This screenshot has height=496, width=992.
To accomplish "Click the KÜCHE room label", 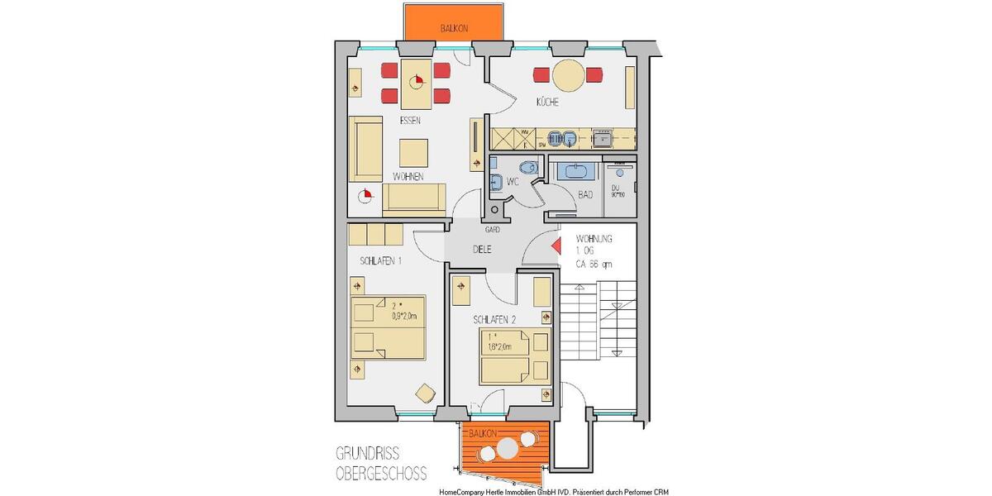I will pos(546,103).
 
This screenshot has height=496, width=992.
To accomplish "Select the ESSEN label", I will pos(410,121).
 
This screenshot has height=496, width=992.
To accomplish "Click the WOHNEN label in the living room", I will pos(408,177).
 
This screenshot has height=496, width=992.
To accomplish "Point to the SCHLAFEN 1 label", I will pos(380,261).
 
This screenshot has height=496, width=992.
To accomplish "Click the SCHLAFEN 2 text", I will pos(495,319).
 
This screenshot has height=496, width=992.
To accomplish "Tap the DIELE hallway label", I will pos(484,248).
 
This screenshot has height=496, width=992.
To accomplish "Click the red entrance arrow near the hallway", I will pos(556,246).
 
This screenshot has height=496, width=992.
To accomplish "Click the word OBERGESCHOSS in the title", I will pos(381,474).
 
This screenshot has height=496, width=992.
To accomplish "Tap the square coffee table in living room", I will pos(414,153).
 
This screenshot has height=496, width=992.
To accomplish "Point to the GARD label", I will pos(492,229).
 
